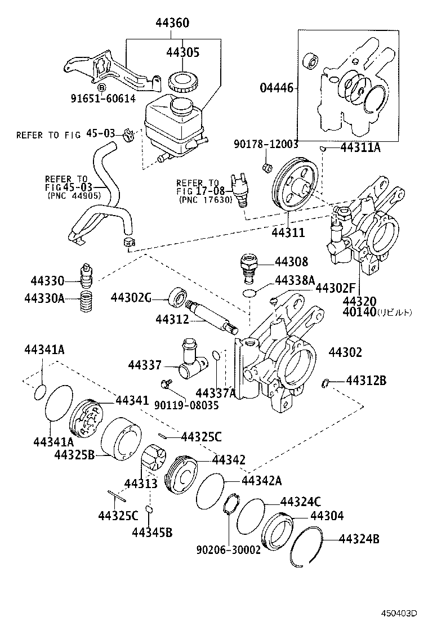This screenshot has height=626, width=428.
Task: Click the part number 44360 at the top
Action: click(x=172, y=23)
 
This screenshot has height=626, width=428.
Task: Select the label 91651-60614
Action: click(x=103, y=99)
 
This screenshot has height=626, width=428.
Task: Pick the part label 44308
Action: click(x=291, y=262)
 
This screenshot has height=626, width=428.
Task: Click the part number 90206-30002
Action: click(x=228, y=549)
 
